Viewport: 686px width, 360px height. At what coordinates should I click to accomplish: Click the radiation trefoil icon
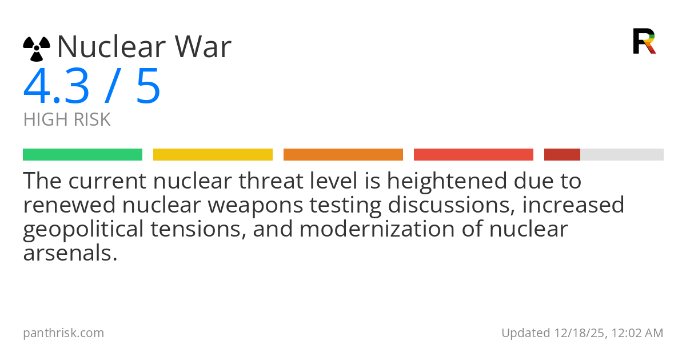[x=37, y=49]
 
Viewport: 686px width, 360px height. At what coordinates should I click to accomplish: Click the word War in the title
[x=203, y=46]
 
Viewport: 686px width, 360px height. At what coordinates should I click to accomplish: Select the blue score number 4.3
[x=56, y=86]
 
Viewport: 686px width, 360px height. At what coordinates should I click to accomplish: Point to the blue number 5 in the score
[x=148, y=86]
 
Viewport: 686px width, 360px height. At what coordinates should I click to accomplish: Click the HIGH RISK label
[x=67, y=119]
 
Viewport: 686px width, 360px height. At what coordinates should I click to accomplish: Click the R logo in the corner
[x=644, y=41]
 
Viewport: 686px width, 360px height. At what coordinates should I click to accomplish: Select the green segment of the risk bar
[x=83, y=155]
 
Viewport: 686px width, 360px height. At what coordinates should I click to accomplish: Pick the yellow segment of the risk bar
[x=213, y=155]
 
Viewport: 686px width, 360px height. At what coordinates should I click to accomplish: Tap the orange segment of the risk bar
[x=344, y=155]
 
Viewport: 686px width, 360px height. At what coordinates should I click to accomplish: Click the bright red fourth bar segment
[x=473, y=155]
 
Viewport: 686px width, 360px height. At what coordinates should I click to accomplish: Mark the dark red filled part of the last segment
[x=563, y=155]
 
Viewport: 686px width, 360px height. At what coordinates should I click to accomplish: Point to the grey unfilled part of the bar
[x=622, y=155]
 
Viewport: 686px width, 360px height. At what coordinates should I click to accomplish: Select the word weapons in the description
[x=256, y=206]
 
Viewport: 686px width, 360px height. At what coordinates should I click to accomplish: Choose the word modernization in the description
[x=377, y=229]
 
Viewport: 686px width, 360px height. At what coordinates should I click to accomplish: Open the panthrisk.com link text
[x=63, y=333]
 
